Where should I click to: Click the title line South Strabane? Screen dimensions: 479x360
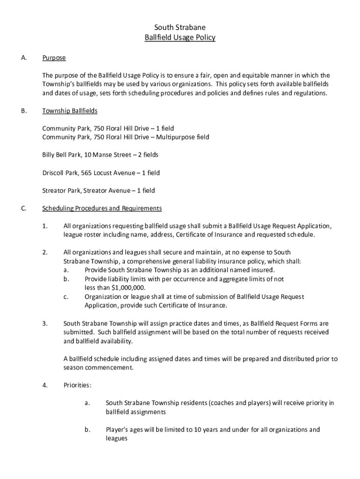pos(180,28)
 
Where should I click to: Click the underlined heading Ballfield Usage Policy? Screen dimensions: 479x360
pos(180,38)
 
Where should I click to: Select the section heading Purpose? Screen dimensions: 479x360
pos(54,58)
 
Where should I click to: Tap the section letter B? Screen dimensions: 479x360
pos(23,111)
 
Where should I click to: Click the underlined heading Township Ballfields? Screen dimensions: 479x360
pos(70,111)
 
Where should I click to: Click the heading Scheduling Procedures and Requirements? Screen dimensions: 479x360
pos(102,208)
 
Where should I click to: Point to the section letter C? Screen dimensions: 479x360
pos(23,208)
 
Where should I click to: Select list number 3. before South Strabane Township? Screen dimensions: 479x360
pos(45,323)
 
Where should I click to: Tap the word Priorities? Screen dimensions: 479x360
pos(77,385)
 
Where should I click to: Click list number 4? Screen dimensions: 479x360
pos(45,385)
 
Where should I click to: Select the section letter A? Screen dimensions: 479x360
pos(23,58)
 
